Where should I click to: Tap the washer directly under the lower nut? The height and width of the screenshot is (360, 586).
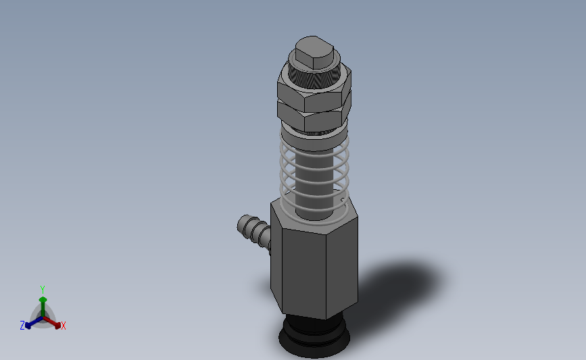pos(314,139)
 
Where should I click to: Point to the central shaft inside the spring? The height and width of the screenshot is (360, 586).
pos(314,183)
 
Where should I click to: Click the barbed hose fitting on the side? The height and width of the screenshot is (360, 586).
pos(253,232)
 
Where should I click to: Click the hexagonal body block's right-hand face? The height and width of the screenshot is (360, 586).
pos(342,267)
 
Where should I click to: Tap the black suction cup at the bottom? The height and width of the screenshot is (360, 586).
pos(314,337)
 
